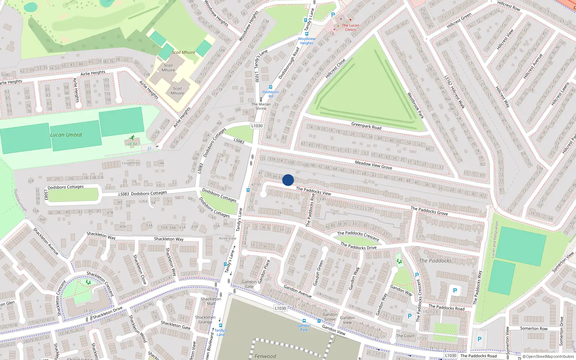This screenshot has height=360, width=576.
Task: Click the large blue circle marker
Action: coord(288,180)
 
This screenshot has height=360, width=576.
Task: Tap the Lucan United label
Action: coord(66,135)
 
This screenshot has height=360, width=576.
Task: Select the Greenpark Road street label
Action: coord(366,126)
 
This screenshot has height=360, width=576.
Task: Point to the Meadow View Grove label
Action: coord(373,165)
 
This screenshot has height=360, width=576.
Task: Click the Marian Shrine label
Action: coord(261,106)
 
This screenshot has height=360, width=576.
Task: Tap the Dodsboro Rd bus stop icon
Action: coord(271,87)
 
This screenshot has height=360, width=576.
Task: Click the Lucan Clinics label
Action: coord(350,27)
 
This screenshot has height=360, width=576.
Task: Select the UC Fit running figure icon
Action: coord(132,138)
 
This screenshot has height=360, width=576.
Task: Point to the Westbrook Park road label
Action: coord(415,105)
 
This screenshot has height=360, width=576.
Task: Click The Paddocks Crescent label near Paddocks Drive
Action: coord(358,235)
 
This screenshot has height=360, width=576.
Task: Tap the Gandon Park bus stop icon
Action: coord(304,321)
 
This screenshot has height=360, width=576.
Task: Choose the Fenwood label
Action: coord(265,356)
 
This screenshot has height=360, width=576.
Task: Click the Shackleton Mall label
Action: coord(211,301)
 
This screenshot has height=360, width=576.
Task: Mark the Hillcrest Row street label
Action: coord(509,6)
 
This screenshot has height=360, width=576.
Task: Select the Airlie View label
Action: coord(228,238)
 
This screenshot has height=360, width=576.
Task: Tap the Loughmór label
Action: coord(131,163)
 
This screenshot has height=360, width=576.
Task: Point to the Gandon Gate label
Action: coord(249,284)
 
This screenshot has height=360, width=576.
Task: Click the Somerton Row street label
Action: coord(534,328)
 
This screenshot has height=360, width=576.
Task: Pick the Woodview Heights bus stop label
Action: coord(307,41)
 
